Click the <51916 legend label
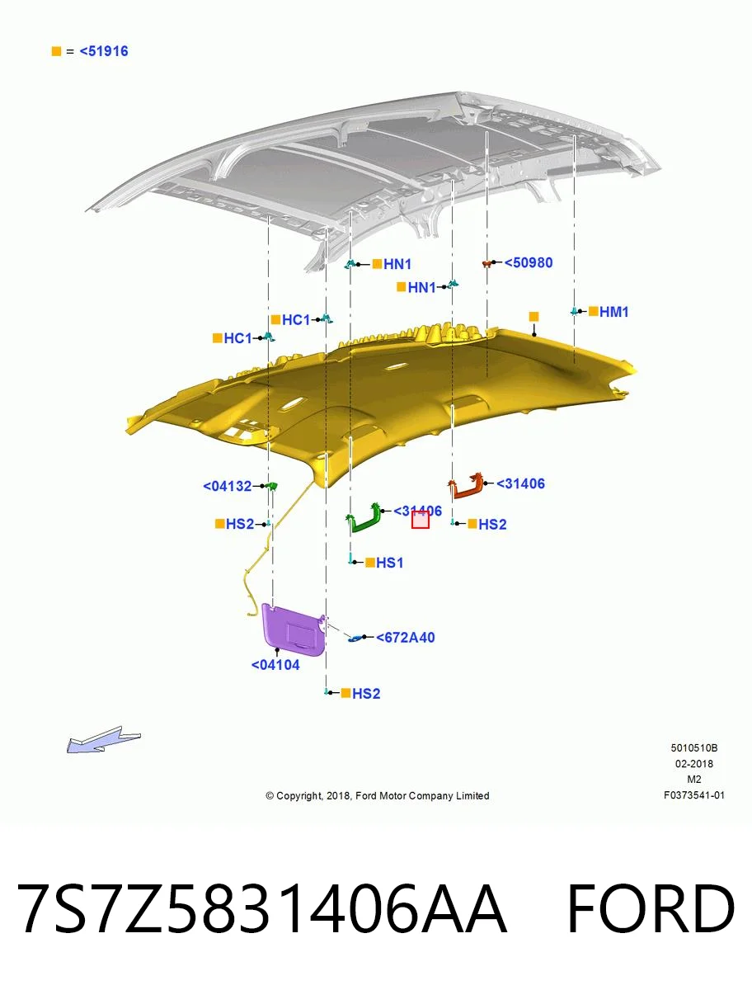[x=104, y=51]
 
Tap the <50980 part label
[x=528, y=262]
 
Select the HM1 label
[x=613, y=312]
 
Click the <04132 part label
[x=227, y=486]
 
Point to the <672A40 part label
[x=405, y=637]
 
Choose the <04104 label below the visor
[x=275, y=665]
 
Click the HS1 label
[x=390, y=563]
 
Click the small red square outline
[x=421, y=520]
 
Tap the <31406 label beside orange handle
[x=520, y=483]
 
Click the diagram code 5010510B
[x=694, y=747]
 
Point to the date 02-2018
[x=694, y=764]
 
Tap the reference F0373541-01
[x=694, y=795]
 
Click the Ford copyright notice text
[x=378, y=795]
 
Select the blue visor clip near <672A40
[x=355, y=638]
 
